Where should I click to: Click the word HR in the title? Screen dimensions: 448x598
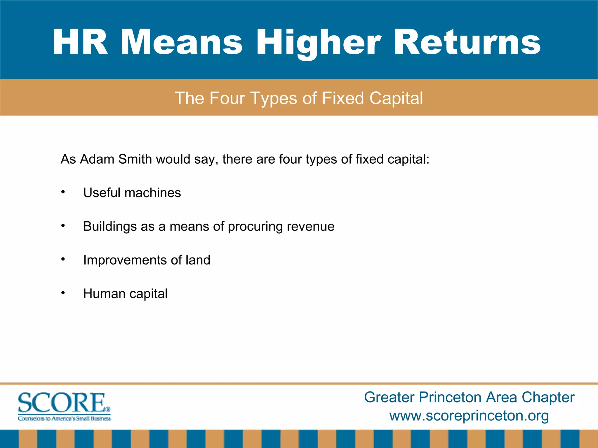click(x=80, y=42)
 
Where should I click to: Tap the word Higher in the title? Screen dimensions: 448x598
click(x=319, y=42)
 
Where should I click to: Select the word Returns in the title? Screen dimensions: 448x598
click(x=467, y=42)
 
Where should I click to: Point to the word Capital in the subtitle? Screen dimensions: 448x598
click(x=396, y=98)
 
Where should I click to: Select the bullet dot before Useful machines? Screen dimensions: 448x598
click(x=63, y=192)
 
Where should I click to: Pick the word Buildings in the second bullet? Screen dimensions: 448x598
click(x=110, y=226)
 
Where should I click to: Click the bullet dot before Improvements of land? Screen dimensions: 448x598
click(x=63, y=259)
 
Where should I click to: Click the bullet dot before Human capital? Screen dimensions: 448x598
click(x=63, y=293)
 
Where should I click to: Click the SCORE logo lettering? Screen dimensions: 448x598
click(x=61, y=403)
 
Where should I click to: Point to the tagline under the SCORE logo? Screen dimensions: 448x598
click(x=65, y=419)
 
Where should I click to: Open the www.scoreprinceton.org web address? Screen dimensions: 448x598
click(x=469, y=415)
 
